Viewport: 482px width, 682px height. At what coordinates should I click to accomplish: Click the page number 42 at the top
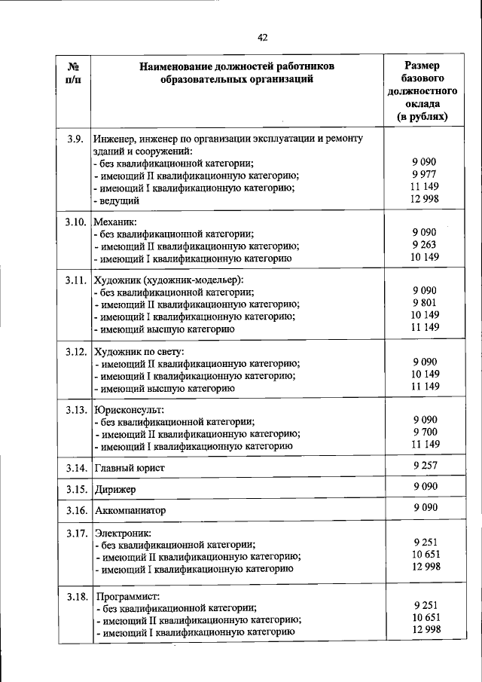coord(262,38)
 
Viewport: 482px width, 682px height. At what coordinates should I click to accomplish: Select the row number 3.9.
coord(74,138)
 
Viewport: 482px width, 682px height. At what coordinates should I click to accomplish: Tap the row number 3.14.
coord(77,468)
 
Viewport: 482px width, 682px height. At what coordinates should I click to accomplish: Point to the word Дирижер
coord(115,489)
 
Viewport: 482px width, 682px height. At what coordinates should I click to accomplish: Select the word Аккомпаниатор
coord(130,510)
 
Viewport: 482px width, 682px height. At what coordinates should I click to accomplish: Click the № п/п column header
coord(73,74)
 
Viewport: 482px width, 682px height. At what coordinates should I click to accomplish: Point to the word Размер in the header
coord(423,66)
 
